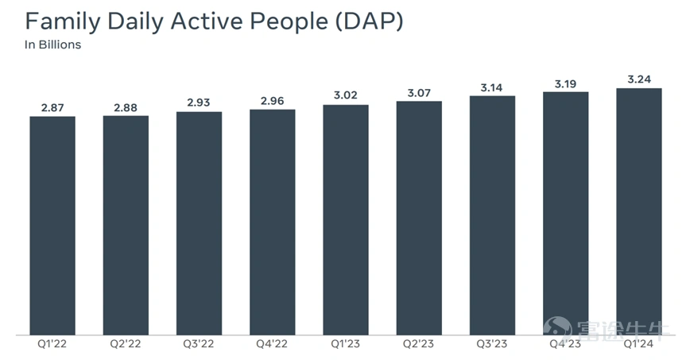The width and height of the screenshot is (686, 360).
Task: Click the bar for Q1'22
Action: click(52, 226)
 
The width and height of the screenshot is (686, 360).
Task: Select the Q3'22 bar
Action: click(199, 223)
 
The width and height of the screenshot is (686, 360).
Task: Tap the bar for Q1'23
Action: click(346, 220)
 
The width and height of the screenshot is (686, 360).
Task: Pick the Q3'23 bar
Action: click(492, 215)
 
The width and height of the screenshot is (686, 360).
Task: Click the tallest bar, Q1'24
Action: click(639, 211)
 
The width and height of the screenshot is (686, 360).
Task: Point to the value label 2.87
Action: click(52, 107)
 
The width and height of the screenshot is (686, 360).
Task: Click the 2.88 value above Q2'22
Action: click(126, 107)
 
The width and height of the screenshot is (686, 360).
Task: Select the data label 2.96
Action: click(272, 101)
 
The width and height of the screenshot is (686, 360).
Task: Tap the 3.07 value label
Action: click(419, 93)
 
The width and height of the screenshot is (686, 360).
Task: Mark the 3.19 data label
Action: click(566, 83)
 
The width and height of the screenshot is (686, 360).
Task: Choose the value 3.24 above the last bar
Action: click(639, 79)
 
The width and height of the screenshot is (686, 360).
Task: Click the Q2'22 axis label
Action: click(126, 344)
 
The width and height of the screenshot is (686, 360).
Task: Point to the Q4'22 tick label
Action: click(272, 344)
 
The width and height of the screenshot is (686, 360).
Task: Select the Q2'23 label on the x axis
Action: click(419, 344)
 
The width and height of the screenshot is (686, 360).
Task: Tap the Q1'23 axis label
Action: click(345, 344)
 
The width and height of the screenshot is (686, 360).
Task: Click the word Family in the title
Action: click(63, 22)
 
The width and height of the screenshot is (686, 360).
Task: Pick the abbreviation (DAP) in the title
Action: click(370, 21)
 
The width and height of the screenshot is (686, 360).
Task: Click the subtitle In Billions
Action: click(53, 45)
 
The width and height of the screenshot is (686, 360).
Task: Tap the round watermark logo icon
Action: click(557, 328)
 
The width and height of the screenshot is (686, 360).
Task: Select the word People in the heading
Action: click(289, 22)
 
